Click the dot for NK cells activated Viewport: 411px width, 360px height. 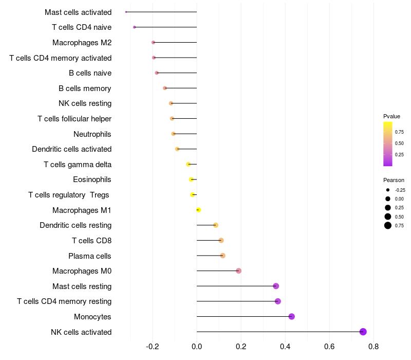click(x=363, y=332)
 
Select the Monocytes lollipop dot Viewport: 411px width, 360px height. click(x=292, y=316)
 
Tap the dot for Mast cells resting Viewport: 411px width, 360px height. click(x=276, y=286)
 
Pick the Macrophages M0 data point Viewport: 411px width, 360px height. click(x=238, y=271)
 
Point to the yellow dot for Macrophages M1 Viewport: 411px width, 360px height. click(x=198, y=210)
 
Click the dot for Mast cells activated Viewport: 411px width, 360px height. click(x=126, y=12)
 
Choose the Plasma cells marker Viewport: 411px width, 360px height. click(x=222, y=256)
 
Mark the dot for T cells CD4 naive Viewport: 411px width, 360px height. click(x=135, y=27)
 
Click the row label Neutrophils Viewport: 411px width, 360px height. click(x=92, y=134)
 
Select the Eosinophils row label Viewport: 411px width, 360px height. click(x=92, y=179)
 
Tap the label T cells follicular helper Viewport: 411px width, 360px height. click(x=74, y=119)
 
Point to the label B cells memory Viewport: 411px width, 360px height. click(x=85, y=88)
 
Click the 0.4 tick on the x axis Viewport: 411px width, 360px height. click(x=285, y=347)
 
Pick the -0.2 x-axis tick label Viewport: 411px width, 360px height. click(x=153, y=347)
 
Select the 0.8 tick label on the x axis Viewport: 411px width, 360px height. click(x=373, y=347)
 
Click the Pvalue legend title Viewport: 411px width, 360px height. click(x=391, y=116)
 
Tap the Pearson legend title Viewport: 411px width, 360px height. click(x=394, y=180)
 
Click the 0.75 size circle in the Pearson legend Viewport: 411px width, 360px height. click(x=388, y=225)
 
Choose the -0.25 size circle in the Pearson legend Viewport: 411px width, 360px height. click(x=388, y=190)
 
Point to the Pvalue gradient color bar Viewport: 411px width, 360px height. click(x=388, y=144)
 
